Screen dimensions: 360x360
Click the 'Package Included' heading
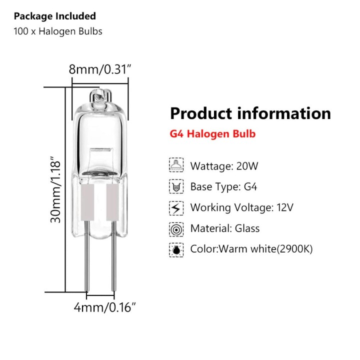tap(55, 16)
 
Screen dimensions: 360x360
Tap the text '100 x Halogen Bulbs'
tap(58, 31)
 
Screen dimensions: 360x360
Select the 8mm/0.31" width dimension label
tap(100, 69)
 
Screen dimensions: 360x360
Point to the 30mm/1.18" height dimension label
tap(55, 189)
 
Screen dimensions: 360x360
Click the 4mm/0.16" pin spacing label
tap(104, 307)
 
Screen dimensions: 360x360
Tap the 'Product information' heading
tap(250, 113)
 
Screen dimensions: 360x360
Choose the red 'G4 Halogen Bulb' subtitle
tap(212, 133)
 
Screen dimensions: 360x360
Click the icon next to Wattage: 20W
tap(176, 165)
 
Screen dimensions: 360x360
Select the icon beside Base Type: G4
tap(176, 186)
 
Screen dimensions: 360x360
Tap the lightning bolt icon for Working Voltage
tap(176, 208)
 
